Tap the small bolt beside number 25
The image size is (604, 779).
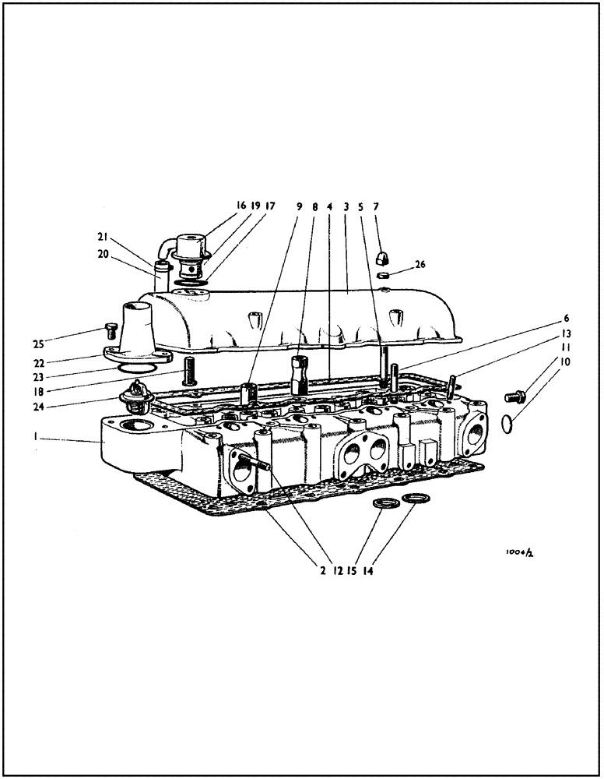[110, 331]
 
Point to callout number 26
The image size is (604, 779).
[420, 264]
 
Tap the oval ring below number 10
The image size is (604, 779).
[506, 424]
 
